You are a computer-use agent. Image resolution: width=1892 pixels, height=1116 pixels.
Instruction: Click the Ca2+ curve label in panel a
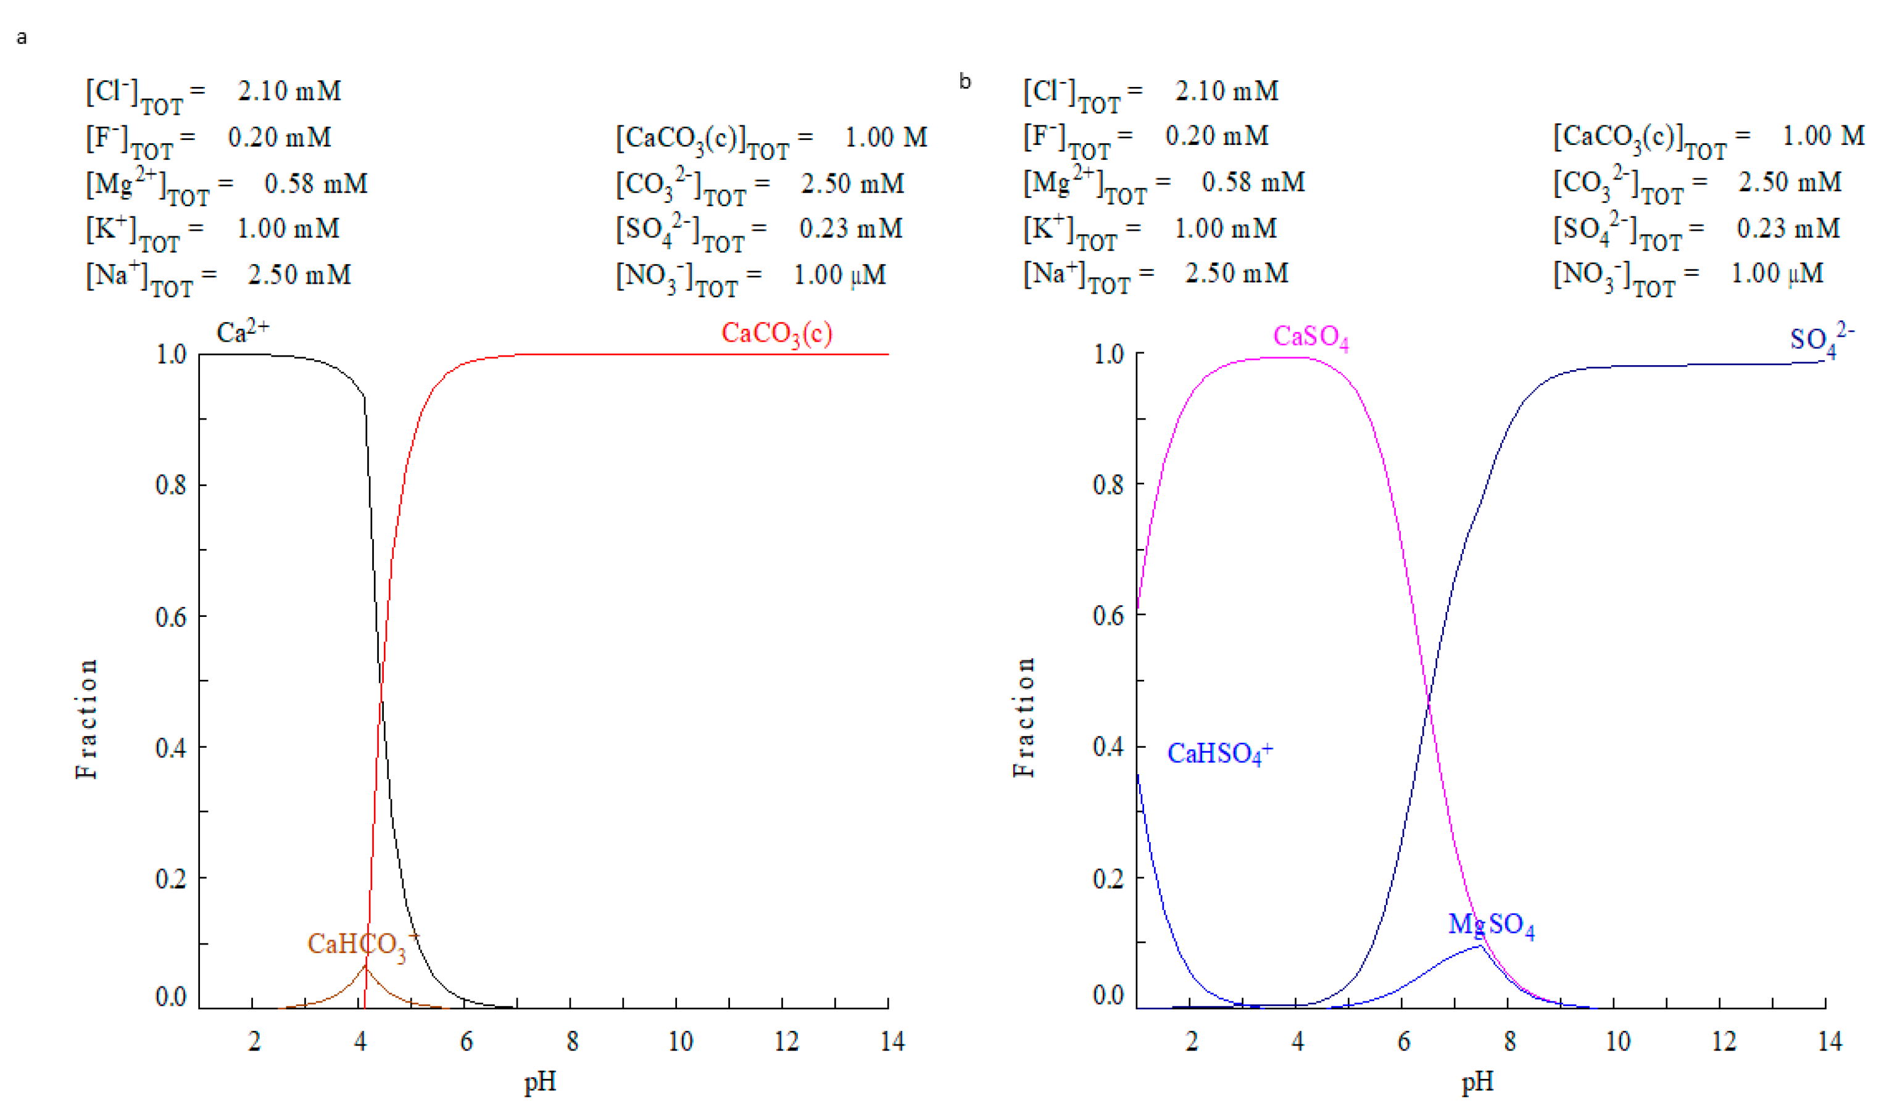point(242,332)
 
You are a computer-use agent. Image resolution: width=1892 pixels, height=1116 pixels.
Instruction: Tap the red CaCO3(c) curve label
point(776,333)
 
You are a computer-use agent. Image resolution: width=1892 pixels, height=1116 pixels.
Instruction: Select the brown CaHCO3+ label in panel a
point(362,945)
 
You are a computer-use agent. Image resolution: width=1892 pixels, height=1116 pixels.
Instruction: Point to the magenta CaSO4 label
point(1310,337)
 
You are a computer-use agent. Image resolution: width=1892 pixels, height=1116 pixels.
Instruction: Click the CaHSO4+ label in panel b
point(1219,753)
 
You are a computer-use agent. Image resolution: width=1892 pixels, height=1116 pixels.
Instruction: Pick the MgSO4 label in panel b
point(1490,925)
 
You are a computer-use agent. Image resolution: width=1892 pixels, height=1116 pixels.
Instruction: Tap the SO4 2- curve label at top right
point(1820,340)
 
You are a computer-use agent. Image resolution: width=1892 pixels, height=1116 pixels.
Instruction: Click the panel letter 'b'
point(965,81)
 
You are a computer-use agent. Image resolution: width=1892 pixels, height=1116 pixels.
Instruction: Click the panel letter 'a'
point(22,38)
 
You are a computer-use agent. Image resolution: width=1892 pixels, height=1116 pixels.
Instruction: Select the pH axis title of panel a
point(540,1081)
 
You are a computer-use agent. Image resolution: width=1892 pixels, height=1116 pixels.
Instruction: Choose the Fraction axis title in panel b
point(1024,717)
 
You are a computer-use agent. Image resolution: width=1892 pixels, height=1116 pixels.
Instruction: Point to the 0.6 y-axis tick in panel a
point(171,617)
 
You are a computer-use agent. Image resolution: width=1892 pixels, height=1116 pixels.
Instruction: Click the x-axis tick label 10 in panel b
point(1617,1041)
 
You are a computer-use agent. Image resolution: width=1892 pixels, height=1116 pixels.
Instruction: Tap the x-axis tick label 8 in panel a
point(572,1041)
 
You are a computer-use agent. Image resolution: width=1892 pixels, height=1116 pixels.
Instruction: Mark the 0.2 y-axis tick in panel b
point(1108,878)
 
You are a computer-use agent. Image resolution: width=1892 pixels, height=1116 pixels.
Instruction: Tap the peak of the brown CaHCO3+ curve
point(365,966)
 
